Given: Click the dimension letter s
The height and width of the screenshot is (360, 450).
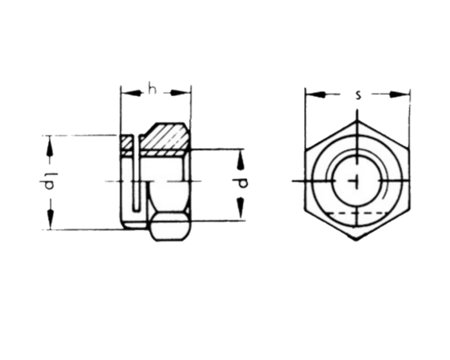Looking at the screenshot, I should tap(358, 95).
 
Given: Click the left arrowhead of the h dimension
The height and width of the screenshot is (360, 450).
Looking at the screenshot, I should tap(126, 93).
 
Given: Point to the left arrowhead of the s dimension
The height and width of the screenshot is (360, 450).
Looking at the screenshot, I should tap(310, 95).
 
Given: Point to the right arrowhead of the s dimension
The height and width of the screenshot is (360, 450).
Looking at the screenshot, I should tap(404, 95).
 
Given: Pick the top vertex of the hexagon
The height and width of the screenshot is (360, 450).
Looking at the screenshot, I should tap(357, 120).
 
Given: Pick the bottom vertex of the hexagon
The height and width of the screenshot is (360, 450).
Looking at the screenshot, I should tap(357, 240).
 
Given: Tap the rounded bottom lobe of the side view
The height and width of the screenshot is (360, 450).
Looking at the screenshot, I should tap(171, 228).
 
